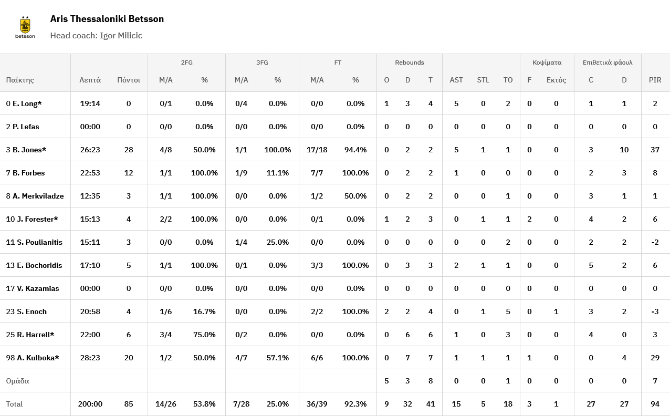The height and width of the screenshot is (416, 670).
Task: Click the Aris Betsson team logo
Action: click(25, 27)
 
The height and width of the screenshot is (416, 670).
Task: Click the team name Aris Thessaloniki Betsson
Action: click(107, 19)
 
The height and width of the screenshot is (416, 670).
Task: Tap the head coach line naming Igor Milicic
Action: click(96, 36)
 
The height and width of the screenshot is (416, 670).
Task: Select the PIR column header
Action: click(655, 80)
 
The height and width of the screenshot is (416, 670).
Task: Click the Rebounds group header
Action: click(409, 63)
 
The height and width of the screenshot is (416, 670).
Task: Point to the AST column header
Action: click(456, 80)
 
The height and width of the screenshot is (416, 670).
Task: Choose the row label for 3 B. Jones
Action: click(26, 150)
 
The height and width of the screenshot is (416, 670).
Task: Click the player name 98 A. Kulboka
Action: click(33, 358)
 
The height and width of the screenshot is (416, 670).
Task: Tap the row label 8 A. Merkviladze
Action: click(35, 196)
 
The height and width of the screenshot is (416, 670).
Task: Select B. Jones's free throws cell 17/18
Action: click(317, 150)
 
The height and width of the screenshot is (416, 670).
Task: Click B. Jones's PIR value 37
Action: click(655, 150)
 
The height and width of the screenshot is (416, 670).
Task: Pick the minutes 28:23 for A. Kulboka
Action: click(90, 358)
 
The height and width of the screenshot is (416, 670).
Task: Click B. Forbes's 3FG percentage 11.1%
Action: click(278, 173)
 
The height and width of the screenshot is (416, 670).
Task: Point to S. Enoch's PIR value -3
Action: click(655, 311)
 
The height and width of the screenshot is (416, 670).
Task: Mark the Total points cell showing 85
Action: click(129, 404)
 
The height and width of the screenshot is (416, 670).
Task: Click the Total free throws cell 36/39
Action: click(317, 404)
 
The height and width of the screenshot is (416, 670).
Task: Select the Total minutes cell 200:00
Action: click(90, 404)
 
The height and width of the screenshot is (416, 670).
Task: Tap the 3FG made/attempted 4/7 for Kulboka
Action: click(241, 358)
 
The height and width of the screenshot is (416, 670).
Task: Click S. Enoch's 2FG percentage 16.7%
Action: click(204, 311)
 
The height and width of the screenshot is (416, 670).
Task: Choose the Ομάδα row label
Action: click(17, 381)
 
